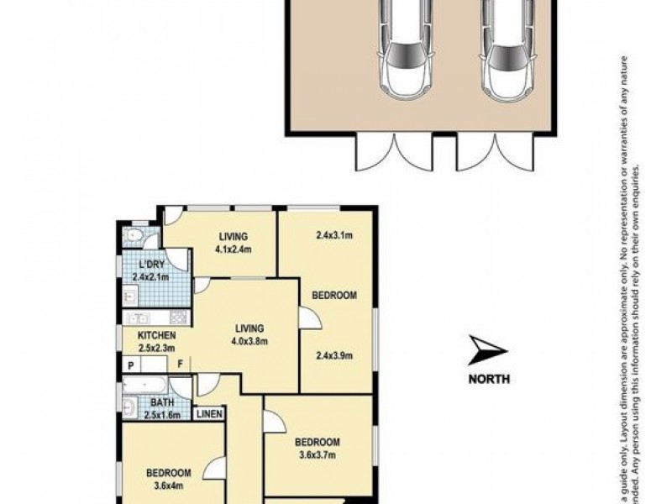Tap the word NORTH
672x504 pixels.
coord(489,378)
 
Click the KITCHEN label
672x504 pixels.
coord(157,336)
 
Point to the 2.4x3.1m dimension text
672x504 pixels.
coord(333,235)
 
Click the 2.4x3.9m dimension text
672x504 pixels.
coord(333,355)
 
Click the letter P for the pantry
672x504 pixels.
coord(131,365)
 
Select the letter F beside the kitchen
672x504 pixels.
coord(180,365)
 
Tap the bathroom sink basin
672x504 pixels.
coord(129,408)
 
